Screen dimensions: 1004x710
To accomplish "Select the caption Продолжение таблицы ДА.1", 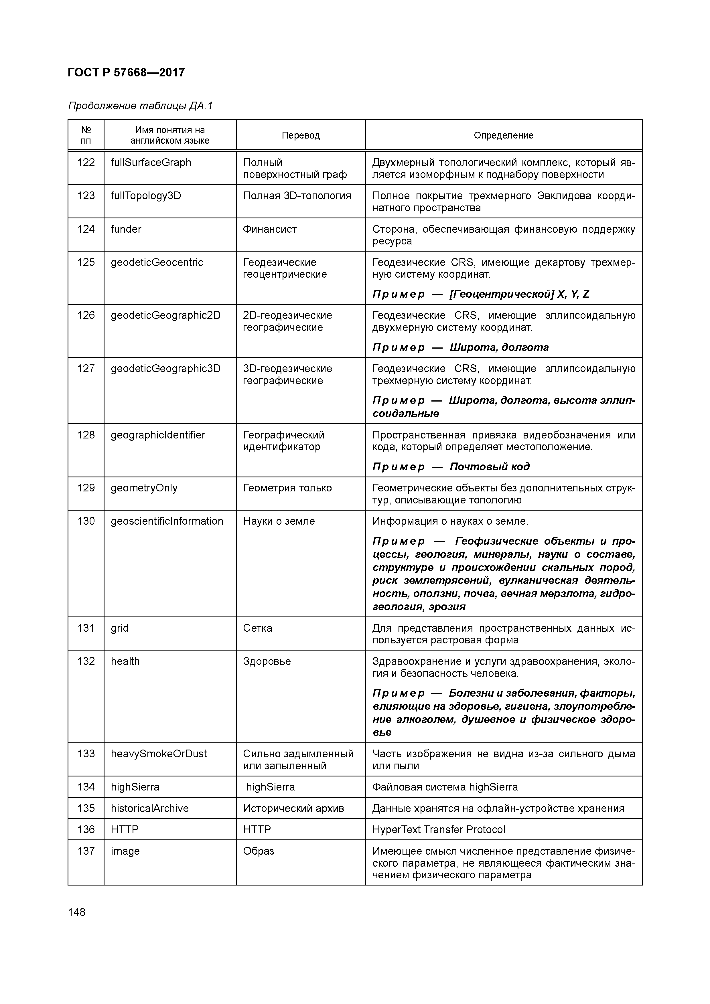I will [x=140, y=106].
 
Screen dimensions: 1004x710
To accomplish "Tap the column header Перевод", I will [x=301, y=136].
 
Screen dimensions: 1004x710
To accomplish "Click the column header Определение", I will [x=504, y=136].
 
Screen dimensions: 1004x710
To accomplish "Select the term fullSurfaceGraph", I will [x=151, y=163].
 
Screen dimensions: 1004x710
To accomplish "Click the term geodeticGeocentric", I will [x=157, y=262].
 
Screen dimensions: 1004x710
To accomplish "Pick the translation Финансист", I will [x=270, y=229].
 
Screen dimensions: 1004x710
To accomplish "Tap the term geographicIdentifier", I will [x=158, y=435].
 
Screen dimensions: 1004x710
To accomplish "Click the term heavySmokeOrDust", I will [x=159, y=754].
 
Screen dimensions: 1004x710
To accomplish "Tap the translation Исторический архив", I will [x=293, y=809].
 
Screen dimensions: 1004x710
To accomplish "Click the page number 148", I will [x=77, y=913].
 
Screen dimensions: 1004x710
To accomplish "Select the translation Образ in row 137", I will [x=259, y=851].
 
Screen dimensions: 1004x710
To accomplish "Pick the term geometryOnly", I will [x=144, y=488].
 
